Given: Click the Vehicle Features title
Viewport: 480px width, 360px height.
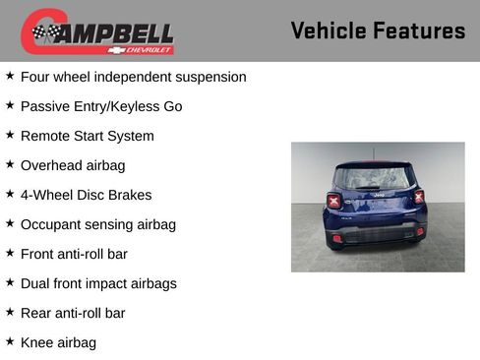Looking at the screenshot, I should [x=378, y=30].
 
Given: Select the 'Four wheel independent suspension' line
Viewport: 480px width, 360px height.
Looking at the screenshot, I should [x=133, y=77].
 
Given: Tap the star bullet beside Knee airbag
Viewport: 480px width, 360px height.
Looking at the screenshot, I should [x=10, y=341].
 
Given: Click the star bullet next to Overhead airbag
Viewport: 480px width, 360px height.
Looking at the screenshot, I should [x=10, y=164].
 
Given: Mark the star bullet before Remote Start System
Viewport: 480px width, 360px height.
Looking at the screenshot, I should [x=10, y=135].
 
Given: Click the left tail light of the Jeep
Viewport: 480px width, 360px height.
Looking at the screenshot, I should [x=333, y=201].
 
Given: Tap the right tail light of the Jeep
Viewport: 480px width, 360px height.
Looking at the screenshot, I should [x=419, y=197].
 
